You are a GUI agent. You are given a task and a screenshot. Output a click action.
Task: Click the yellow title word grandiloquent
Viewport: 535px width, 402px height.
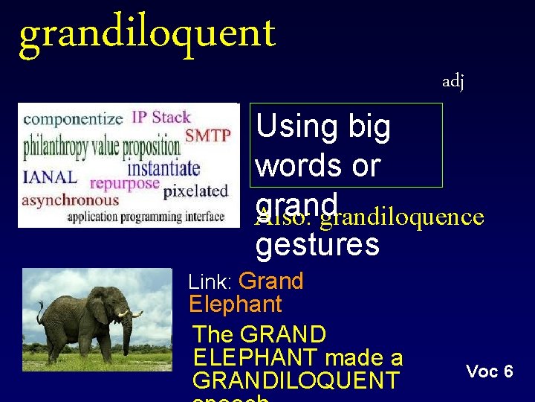146,34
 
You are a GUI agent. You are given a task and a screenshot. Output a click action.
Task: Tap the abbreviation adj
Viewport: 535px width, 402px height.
453,81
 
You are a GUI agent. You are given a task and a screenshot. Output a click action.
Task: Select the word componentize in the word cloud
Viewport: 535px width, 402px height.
73,118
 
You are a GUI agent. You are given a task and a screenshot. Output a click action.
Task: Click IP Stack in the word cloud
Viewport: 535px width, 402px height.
161,117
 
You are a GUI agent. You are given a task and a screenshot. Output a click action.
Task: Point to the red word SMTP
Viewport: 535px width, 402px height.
207,135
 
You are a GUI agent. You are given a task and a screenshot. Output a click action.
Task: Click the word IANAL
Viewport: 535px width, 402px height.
50,177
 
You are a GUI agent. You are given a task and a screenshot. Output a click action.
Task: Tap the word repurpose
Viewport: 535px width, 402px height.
125,183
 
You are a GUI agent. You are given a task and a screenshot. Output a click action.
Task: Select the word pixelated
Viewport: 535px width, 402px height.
195,191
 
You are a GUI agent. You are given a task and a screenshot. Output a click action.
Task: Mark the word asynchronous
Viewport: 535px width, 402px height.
71,200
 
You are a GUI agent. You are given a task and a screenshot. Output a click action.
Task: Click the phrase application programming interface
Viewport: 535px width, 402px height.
146,217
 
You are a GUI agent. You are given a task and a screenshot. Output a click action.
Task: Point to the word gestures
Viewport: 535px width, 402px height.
317,244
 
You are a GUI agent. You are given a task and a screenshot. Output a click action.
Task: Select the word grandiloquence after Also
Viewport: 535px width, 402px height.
402,217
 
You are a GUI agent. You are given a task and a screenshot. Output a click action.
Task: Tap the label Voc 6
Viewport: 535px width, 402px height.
489,371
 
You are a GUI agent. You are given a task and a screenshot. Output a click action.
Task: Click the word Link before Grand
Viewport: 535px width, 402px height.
211,282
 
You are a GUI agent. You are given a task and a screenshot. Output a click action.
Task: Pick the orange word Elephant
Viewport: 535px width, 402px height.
236,304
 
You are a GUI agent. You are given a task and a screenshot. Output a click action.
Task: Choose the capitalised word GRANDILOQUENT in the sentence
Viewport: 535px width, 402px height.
295,380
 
